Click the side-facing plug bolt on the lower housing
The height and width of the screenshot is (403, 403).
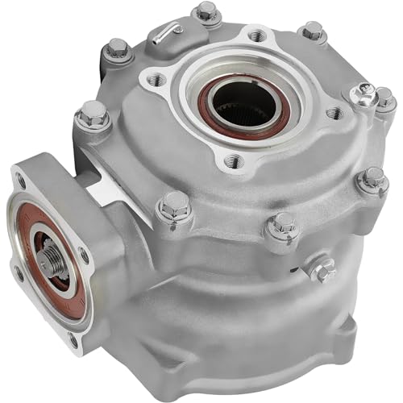click(x=322, y=269)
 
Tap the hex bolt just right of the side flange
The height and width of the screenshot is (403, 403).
click(x=175, y=208)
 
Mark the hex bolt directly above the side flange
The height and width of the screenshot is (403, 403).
click(x=93, y=114)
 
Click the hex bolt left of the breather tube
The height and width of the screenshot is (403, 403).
click(x=118, y=50)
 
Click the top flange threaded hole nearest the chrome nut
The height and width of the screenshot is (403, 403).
click(x=330, y=114)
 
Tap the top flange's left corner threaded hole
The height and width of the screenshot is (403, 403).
click(x=156, y=79)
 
